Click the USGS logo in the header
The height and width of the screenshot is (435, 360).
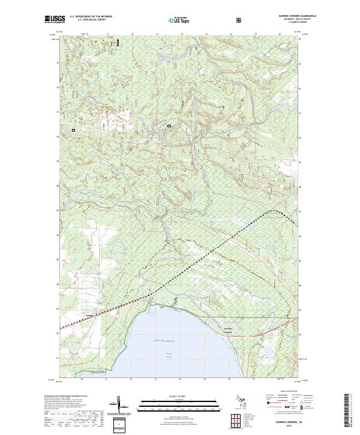55,20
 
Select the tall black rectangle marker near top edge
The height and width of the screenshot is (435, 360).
118,43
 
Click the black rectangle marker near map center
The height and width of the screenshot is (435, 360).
169,126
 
